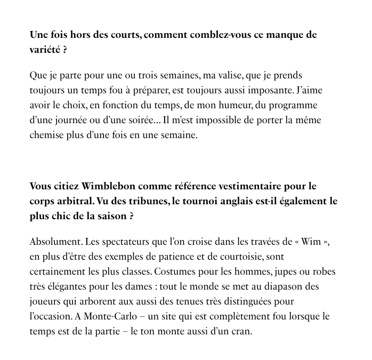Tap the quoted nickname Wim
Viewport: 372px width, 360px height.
[x=311, y=242]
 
